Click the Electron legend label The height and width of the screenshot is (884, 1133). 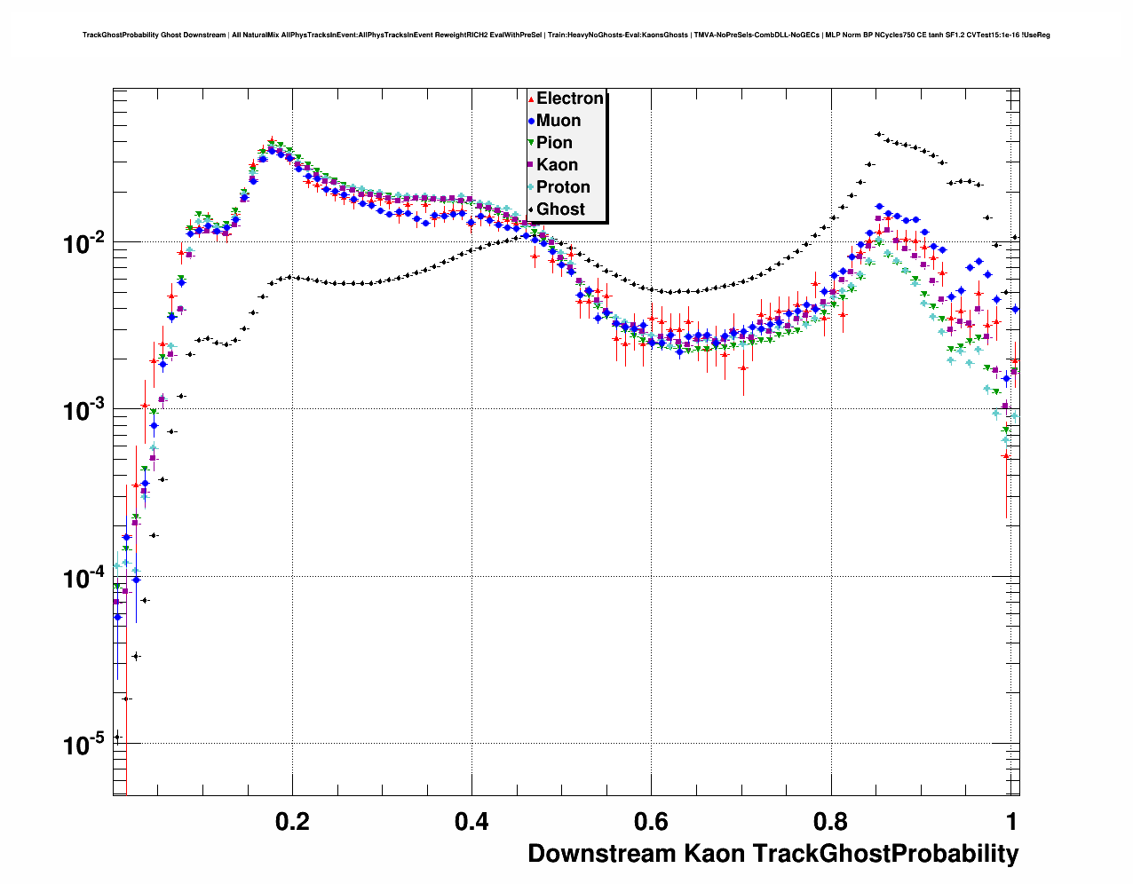pos(570,99)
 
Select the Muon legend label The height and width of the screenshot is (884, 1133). pos(559,121)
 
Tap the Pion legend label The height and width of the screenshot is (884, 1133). pos(554,143)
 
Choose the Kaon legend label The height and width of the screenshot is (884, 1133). pos(557,165)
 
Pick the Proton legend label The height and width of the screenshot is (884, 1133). pos(563,187)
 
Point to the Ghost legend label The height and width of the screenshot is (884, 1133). pos(560,209)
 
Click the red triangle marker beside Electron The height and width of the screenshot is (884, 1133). pos(531,99)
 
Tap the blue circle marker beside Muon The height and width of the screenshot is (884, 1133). pos(531,121)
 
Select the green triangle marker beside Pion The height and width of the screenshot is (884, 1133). pos(531,143)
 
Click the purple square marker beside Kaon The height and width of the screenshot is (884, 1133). pos(531,165)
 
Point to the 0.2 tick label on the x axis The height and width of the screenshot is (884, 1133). pos(292,821)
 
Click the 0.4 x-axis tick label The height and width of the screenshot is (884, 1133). pos(471,821)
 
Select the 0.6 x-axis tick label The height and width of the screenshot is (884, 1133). pos(651,821)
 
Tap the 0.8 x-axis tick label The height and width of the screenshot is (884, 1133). pos(830,821)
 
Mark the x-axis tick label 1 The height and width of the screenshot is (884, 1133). pos(1011,821)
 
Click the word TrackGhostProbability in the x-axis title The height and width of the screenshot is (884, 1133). pos(885,854)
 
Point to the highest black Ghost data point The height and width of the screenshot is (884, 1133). pos(878,134)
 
